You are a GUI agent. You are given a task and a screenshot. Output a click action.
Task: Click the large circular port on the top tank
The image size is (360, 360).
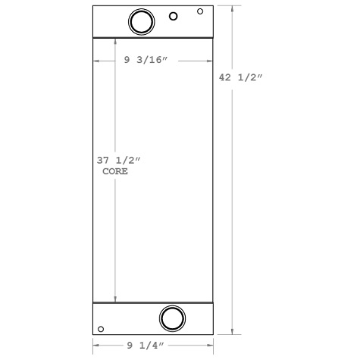[141, 21]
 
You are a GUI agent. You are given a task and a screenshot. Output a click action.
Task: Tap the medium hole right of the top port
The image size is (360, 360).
[174, 17]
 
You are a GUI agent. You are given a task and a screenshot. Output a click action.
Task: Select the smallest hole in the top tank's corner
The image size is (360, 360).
[200, 11]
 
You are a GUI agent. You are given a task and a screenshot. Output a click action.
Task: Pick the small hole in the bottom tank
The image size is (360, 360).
[101, 330]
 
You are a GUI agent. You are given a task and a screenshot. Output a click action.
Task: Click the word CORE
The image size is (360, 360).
[115, 172]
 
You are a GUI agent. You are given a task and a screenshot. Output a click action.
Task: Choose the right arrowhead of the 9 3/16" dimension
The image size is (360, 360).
[209, 61]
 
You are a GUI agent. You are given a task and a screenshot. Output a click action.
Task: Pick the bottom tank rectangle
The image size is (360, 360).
[129, 318]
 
